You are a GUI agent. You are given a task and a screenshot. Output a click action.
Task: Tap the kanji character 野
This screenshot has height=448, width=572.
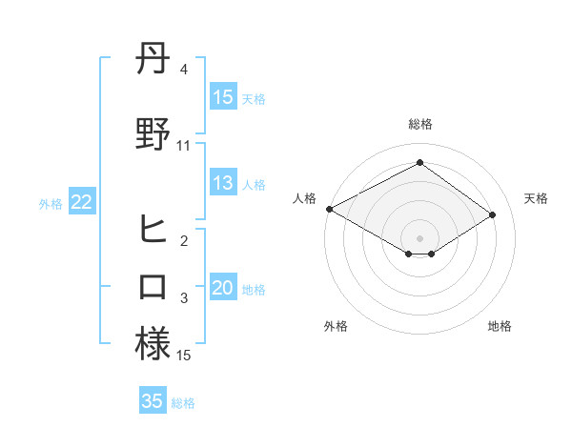[x=153, y=134]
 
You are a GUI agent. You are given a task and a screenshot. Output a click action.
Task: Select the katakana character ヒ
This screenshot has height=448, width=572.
[x=153, y=230]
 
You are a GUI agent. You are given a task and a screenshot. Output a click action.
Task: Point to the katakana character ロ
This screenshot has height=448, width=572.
[x=153, y=286]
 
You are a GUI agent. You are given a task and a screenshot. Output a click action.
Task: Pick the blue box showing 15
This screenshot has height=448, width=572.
[x=223, y=97]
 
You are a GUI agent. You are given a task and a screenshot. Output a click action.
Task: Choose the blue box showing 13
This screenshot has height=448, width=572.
[x=223, y=184]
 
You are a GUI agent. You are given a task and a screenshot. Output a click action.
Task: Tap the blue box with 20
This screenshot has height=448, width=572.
[x=223, y=289]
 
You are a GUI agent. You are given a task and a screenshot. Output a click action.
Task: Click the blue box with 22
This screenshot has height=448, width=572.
[x=81, y=202]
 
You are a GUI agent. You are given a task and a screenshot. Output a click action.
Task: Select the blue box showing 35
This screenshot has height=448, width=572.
[x=153, y=401]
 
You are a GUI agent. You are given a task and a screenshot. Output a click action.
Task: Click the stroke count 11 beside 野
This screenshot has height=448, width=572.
[x=184, y=146]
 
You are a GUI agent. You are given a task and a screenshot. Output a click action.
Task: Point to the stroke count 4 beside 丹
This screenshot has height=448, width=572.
[x=184, y=70]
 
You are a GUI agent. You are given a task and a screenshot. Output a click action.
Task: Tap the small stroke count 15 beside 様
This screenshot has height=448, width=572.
[x=184, y=355]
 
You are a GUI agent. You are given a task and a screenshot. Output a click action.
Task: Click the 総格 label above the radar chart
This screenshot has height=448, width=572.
[x=419, y=124]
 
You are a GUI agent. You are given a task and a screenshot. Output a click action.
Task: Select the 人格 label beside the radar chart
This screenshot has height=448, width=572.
[x=305, y=198]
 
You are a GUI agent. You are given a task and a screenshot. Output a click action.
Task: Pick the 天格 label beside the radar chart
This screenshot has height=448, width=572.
[x=537, y=198]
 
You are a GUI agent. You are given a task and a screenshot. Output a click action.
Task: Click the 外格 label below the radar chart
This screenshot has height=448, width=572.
[x=336, y=326]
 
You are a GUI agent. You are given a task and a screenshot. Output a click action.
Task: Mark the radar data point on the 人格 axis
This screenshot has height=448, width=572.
[x=329, y=208]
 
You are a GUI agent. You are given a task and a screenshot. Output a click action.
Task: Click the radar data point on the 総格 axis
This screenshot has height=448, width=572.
[x=419, y=163]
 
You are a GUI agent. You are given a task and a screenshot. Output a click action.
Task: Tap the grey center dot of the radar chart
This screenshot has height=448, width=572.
[x=419, y=237]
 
